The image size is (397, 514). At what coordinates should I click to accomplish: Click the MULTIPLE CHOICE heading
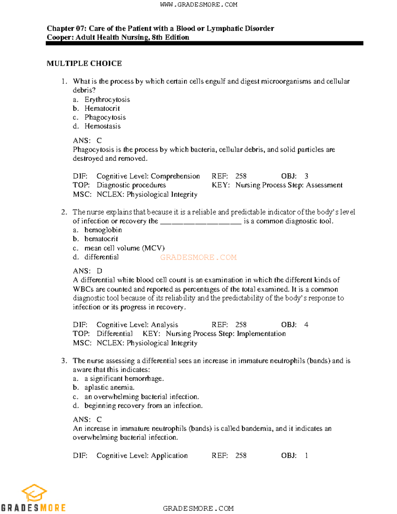coord(84,63)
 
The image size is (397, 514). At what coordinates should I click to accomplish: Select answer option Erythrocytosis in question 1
coord(107,100)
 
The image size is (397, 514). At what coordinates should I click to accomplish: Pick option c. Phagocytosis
coord(105,117)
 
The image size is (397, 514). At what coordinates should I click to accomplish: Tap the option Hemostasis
coord(102,126)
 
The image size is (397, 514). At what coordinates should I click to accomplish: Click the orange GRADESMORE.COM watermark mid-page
coord(198,257)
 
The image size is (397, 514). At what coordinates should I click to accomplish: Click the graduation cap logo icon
coord(34,493)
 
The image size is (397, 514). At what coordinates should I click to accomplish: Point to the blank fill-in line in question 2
coord(200,222)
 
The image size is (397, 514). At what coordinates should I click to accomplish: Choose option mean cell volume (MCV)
coord(124,248)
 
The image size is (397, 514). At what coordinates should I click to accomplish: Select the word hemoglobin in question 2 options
coord(103,230)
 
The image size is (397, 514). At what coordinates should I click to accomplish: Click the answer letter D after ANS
coord(99,271)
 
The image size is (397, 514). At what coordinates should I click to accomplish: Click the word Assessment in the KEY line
coord(324,185)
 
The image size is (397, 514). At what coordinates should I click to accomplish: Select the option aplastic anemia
coord(109,388)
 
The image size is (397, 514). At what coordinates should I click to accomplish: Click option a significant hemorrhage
coord(124,379)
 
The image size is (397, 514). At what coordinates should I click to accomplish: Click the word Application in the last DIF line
coord(169,455)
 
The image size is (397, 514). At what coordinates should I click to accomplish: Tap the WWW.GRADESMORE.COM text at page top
coord(198,5)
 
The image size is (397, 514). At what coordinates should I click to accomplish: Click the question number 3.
coord(64,360)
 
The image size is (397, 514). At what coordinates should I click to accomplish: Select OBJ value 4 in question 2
coord(306,325)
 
